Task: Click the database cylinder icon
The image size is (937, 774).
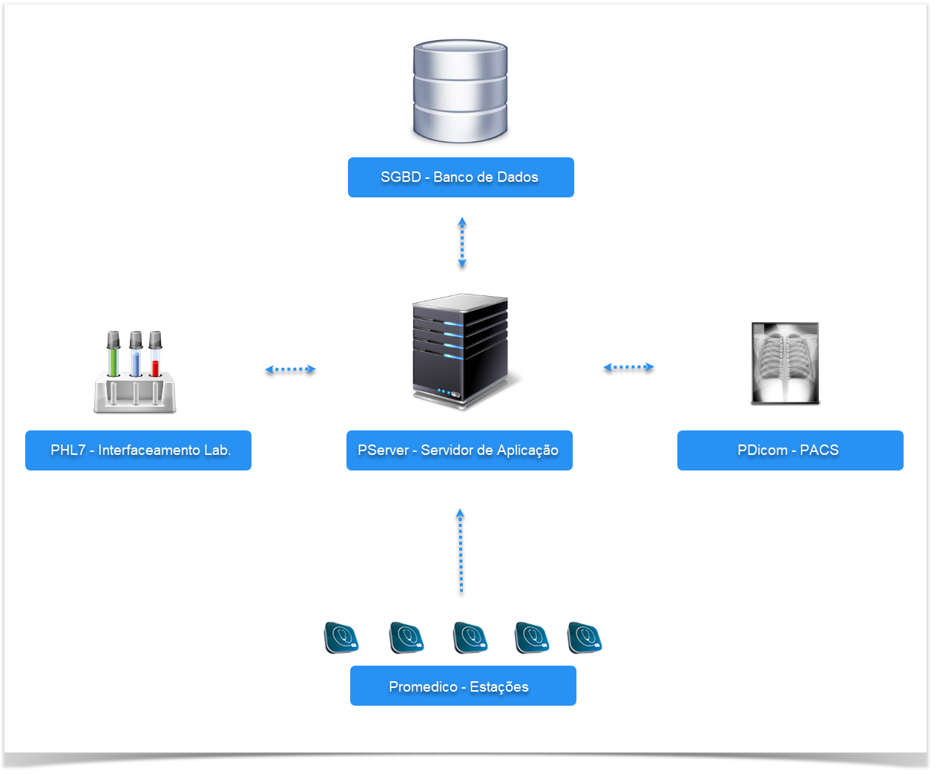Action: pyautogui.click(x=460, y=91)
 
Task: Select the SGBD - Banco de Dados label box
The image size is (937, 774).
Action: pyautogui.click(x=461, y=177)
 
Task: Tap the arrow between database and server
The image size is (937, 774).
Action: pyautogui.click(x=462, y=243)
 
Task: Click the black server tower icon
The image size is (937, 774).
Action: pyautogui.click(x=461, y=350)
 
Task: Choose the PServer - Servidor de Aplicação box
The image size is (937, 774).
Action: pyautogui.click(x=459, y=450)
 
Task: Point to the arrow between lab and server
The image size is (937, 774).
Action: pyautogui.click(x=290, y=369)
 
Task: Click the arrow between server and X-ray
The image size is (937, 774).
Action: pyautogui.click(x=628, y=367)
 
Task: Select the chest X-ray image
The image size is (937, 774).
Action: pyautogui.click(x=785, y=363)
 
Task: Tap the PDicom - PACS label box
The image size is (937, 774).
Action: pyautogui.click(x=790, y=450)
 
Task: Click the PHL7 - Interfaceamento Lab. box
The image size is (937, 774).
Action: pyautogui.click(x=138, y=450)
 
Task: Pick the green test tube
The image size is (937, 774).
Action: pyautogui.click(x=114, y=356)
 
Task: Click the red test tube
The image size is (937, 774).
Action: pyautogui.click(x=155, y=356)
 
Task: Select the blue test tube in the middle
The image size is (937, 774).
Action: pyautogui.click(x=136, y=356)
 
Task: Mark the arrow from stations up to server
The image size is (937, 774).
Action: pyautogui.click(x=461, y=551)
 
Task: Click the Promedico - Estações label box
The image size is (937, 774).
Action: pyautogui.click(x=463, y=686)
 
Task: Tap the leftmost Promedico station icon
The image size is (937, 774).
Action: pyautogui.click(x=341, y=637)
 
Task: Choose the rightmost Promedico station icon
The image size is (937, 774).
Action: pyautogui.click(x=585, y=637)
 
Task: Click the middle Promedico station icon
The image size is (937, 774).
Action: pyautogui.click(x=470, y=637)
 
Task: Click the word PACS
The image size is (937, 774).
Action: pyautogui.click(x=819, y=450)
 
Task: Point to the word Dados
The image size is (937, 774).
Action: pyautogui.click(x=518, y=177)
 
